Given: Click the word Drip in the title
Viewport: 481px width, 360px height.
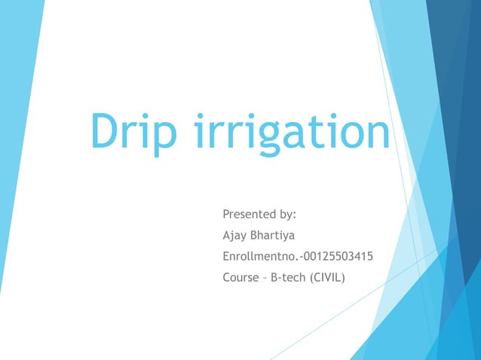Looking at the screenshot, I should click(133, 131).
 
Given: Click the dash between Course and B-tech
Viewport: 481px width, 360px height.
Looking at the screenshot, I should click(265, 278).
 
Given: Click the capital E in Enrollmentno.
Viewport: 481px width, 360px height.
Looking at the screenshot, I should click(226, 257).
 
